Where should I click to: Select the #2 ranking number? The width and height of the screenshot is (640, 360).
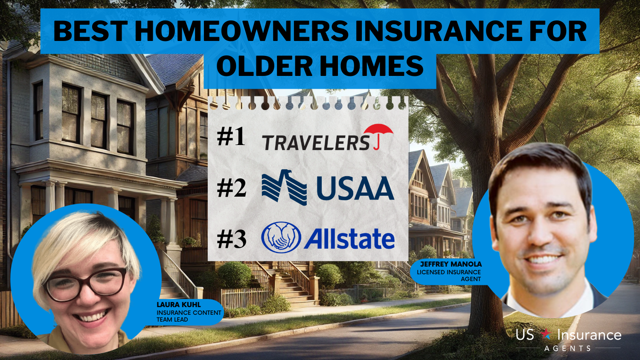[x=231, y=189]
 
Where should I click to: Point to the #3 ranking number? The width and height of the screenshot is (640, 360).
[x=231, y=239]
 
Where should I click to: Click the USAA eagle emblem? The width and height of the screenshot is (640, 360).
[x=284, y=187]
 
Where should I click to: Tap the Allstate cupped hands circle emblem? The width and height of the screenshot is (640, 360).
[x=281, y=238]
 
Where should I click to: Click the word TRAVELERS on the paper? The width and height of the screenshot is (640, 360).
[x=316, y=143]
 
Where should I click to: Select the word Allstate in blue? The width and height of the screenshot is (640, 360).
[x=349, y=238]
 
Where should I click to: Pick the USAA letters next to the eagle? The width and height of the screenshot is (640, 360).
[x=355, y=188]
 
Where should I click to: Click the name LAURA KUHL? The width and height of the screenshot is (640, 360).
[x=179, y=305]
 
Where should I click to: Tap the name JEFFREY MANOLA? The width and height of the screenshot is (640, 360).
[x=451, y=264]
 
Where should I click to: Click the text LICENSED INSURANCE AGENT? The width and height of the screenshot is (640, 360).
[x=449, y=276]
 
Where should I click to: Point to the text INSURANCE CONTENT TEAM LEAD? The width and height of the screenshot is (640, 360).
[x=189, y=316]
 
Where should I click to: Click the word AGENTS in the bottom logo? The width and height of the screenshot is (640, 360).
[x=567, y=348]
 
